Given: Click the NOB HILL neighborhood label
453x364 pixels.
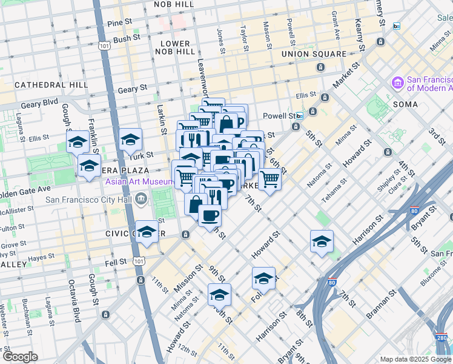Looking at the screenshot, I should [175, 4].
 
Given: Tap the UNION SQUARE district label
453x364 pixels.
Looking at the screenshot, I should [314, 54].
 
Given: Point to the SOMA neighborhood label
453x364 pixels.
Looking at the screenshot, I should [405, 104].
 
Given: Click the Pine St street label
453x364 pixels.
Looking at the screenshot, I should [119, 22].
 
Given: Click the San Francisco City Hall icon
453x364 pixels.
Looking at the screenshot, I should [141, 198].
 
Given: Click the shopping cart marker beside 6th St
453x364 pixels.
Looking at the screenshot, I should [269, 178].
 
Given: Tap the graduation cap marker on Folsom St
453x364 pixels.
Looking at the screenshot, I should [263, 278].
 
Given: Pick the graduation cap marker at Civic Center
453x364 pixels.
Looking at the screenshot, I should [147, 232].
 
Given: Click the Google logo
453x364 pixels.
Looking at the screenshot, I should [20, 357].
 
